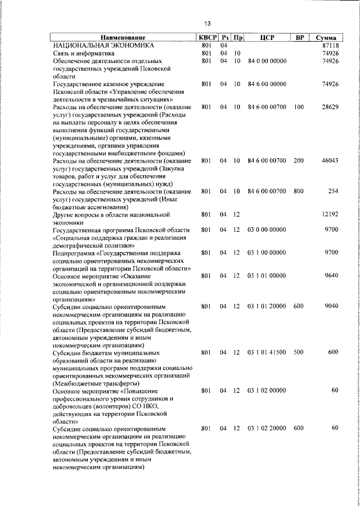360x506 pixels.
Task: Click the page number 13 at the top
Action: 208,23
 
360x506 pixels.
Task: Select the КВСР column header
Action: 206,37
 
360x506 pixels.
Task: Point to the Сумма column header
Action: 326,37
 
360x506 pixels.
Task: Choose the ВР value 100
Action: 299,106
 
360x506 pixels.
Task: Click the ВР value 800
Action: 299,191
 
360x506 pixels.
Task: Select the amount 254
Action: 333,191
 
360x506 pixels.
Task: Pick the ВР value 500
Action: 299,352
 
